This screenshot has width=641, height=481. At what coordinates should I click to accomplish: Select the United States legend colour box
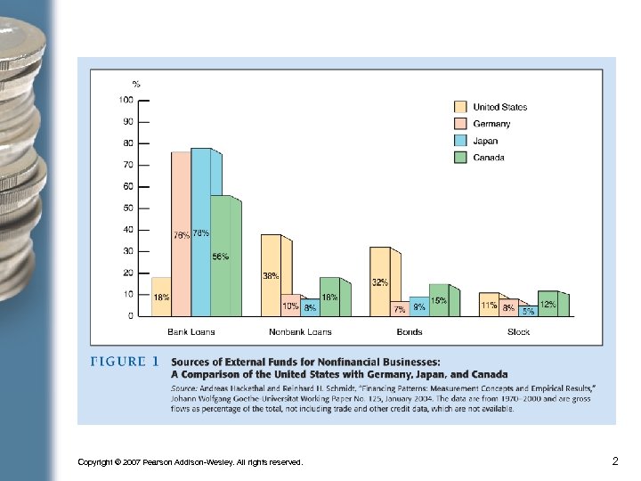pos(460,108)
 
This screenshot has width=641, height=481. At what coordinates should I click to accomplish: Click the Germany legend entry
pos(491,124)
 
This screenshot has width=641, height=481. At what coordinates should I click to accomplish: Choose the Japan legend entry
pos(485,141)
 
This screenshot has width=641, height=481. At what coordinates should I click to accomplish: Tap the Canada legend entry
pos(489,158)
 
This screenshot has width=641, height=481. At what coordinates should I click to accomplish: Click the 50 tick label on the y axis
pos(128,208)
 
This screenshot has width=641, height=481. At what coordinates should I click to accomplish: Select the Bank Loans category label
pos(191,332)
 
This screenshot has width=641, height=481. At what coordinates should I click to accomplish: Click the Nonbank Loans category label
pos(300,332)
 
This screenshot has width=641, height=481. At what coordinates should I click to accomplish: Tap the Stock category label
pos(518,332)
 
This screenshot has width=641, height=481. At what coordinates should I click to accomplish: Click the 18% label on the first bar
pos(162,298)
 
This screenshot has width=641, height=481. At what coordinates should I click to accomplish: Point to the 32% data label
pos(380,282)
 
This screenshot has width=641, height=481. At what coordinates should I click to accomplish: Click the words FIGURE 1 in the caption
pos(125,362)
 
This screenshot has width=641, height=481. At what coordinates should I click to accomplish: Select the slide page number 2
pos(614,461)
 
